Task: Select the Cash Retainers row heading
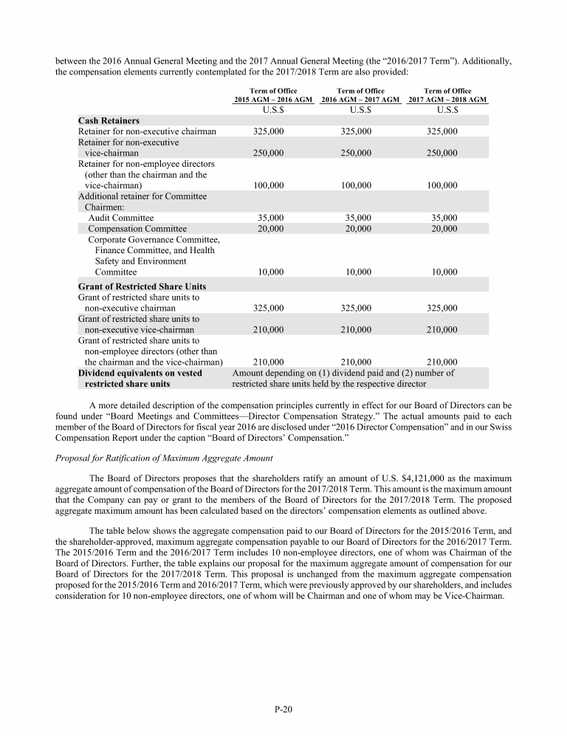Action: point(109,120)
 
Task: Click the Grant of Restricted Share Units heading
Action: point(142,286)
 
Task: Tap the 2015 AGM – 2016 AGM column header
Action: point(272,99)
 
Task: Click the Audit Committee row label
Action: point(121,218)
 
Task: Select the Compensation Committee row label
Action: point(137,229)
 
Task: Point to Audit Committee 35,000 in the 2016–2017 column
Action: point(358,218)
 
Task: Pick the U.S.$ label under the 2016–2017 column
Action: point(358,110)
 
